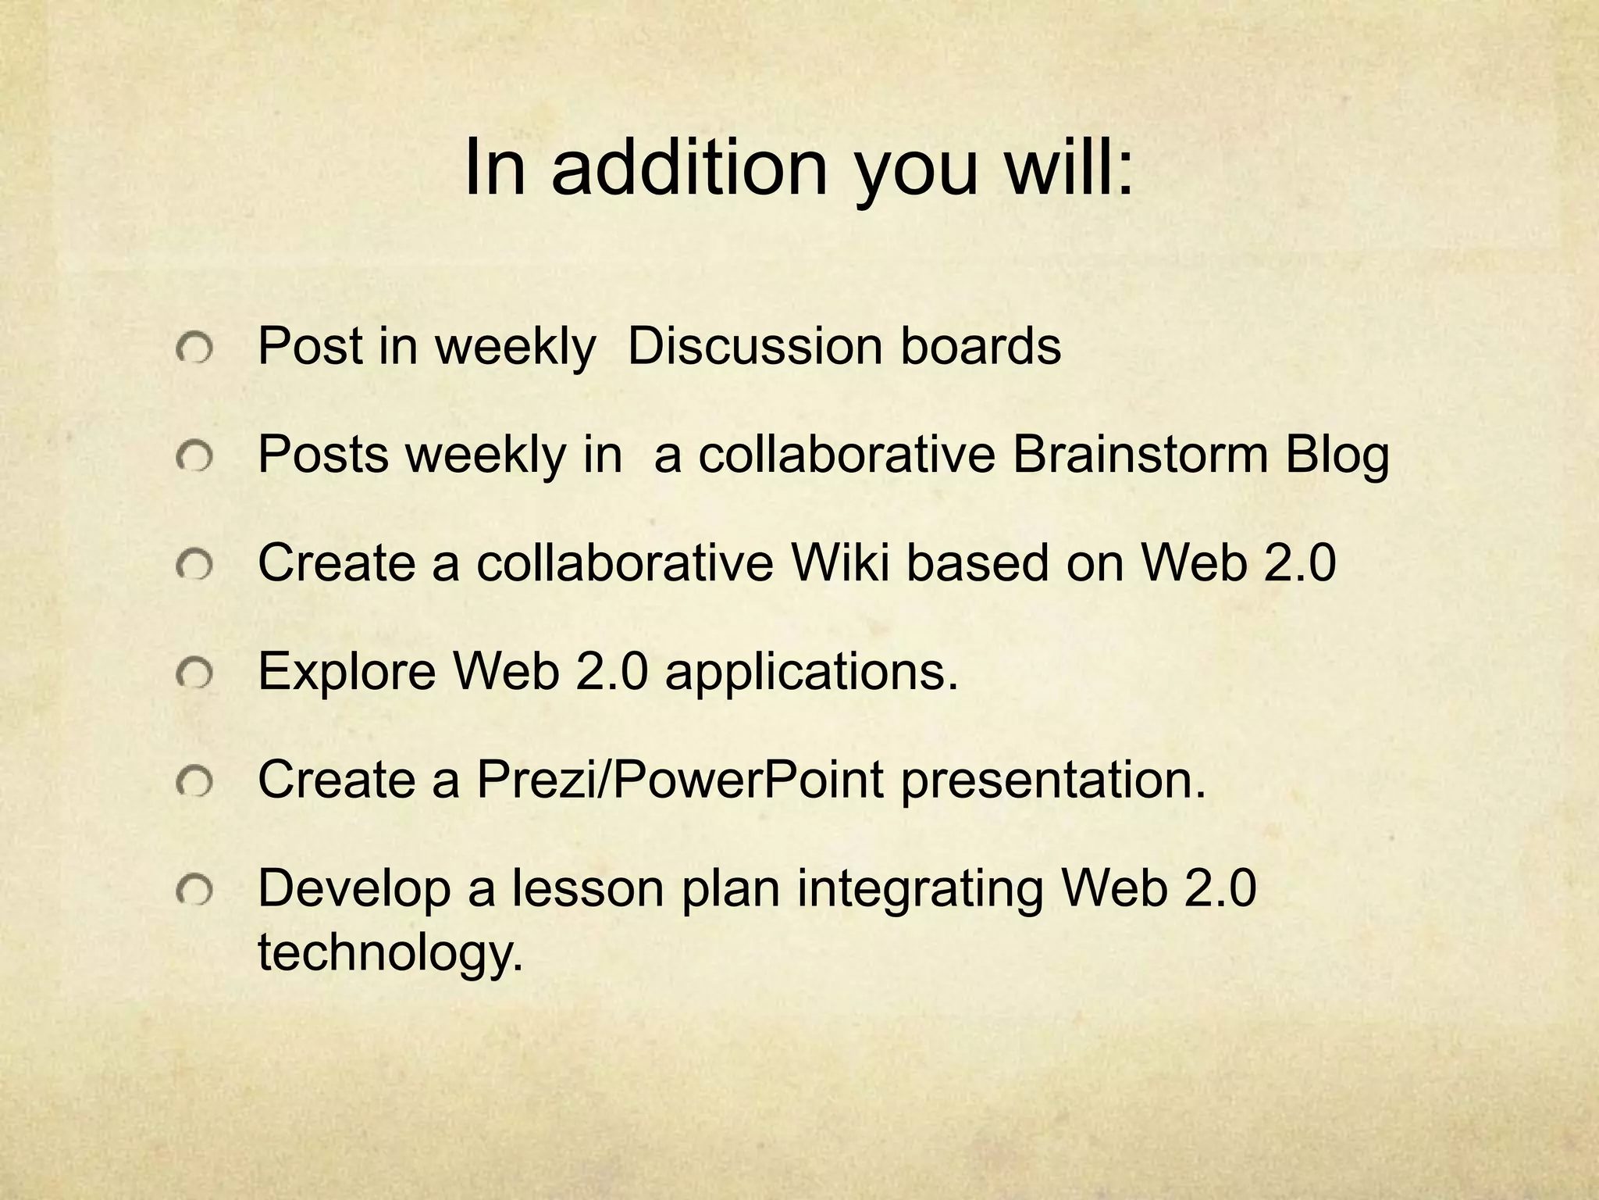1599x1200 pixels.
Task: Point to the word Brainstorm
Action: point(1140,454)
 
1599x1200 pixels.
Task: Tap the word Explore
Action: point(347,671)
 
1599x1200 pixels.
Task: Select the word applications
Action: point(811,673)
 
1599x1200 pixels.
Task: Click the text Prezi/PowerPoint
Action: point(680,780)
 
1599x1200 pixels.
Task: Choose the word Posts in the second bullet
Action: point(322,454)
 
